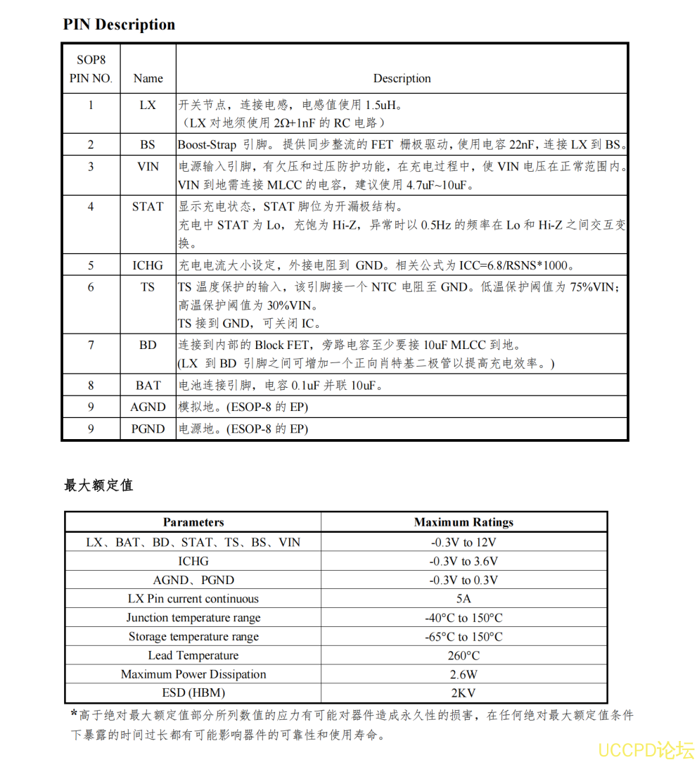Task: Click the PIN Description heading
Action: click(x=119, y=25)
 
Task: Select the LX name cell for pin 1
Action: click(x=148, y=105)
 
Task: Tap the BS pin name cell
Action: click(x=148, y=145)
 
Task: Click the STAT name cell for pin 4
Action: click(x=148, y=207)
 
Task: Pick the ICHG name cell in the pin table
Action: click(x=148, y=266)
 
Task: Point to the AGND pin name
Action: click(x=148, y=407)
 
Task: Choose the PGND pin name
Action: click(x=148, y=429)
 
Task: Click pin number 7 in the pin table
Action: click(x=91, y=346)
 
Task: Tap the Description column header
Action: click(x=402, y=79)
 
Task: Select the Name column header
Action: click(x=148, y=79)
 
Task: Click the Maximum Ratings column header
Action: click(x=463, y=522)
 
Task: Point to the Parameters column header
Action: click(x=193, y=522)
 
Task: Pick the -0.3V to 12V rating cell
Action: click(x=463, y=543)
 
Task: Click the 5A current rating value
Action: click(x=463, y=599)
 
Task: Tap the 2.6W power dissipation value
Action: click(x=463, y=674)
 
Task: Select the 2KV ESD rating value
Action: click(x=463, y=693)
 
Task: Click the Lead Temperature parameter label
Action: click(x=193, y=656)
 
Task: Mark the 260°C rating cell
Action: click(x=463, y=656)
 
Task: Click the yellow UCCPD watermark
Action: click(x=646, y=749)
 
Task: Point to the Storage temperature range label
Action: click(x=193, y=637)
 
